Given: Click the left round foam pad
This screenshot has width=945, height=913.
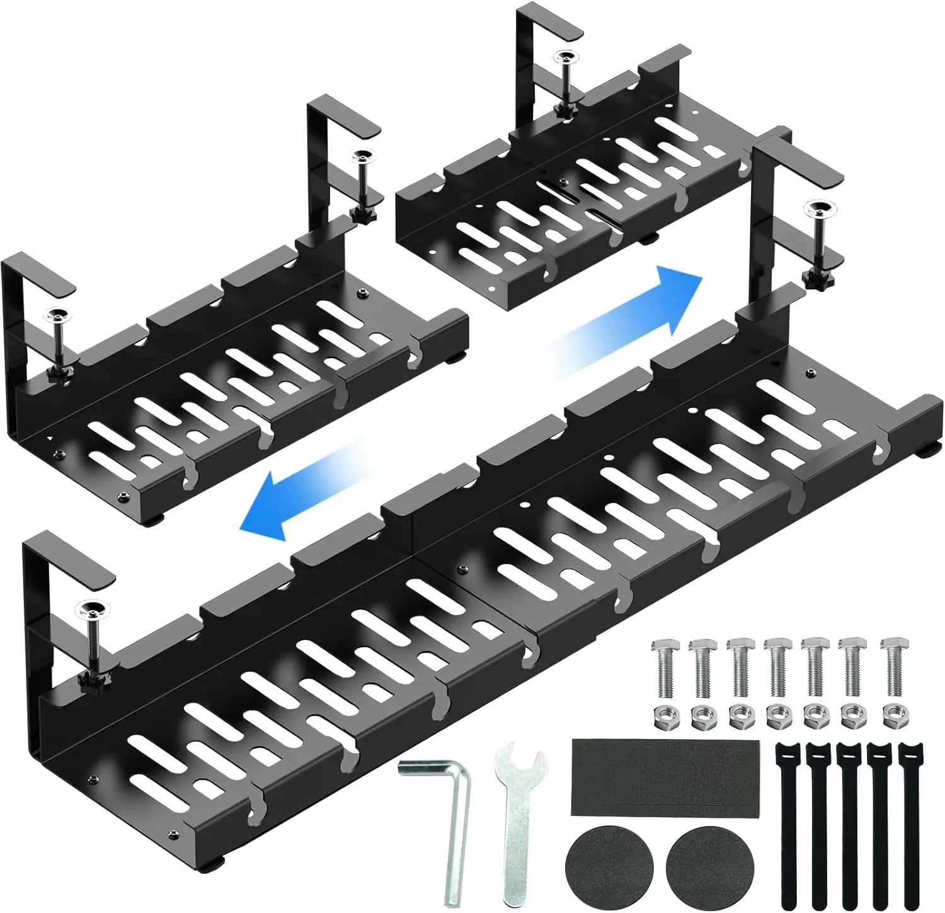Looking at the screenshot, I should point(605,868).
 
